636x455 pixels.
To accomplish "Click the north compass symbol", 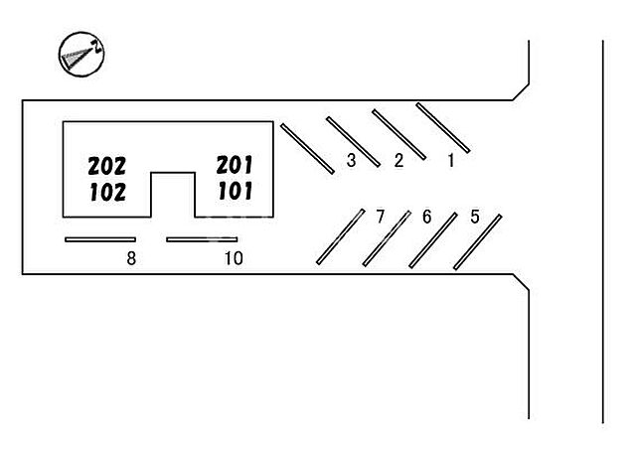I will [x=82, y=56].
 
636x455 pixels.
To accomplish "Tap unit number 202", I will [x=106, y=166].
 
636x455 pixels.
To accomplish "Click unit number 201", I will [x=235, y=165].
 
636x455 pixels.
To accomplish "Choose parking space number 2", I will [x=398, y=160].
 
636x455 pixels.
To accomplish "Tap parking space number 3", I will [x=351, y=160].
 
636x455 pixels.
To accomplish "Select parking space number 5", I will [x=474, y=217].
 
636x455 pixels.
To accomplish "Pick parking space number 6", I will [x=426, y=217].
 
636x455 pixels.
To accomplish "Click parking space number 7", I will [x=379, y=217].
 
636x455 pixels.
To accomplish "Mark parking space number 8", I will [x=130, y=259].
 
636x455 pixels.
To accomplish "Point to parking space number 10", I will [x=233, y=259].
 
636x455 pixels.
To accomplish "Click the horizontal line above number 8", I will [x=99, y=239].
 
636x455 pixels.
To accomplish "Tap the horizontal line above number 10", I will [x=202, y=239].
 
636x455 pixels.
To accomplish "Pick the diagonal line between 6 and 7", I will [x=387, y=238].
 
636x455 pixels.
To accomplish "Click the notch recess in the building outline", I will [x=172, y=196].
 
